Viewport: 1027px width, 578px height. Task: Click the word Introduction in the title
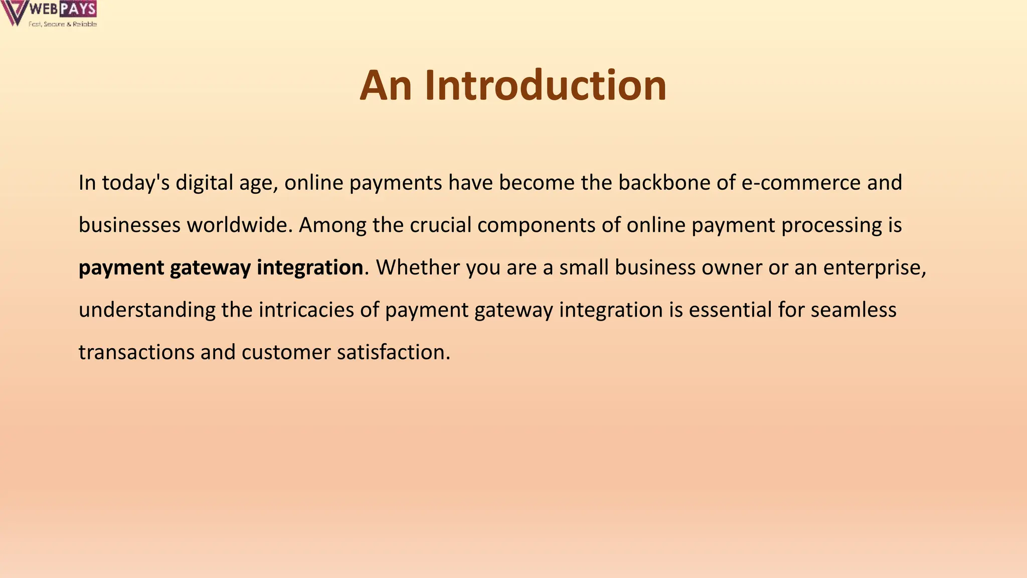546,85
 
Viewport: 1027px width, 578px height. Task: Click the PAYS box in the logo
78,9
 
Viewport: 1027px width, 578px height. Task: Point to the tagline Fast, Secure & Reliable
63,24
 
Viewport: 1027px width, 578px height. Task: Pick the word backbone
664,183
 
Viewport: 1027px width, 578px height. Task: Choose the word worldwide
240,225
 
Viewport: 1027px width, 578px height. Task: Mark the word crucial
440,225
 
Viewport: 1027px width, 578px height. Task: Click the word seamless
853,310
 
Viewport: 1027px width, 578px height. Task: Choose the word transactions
136,352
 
